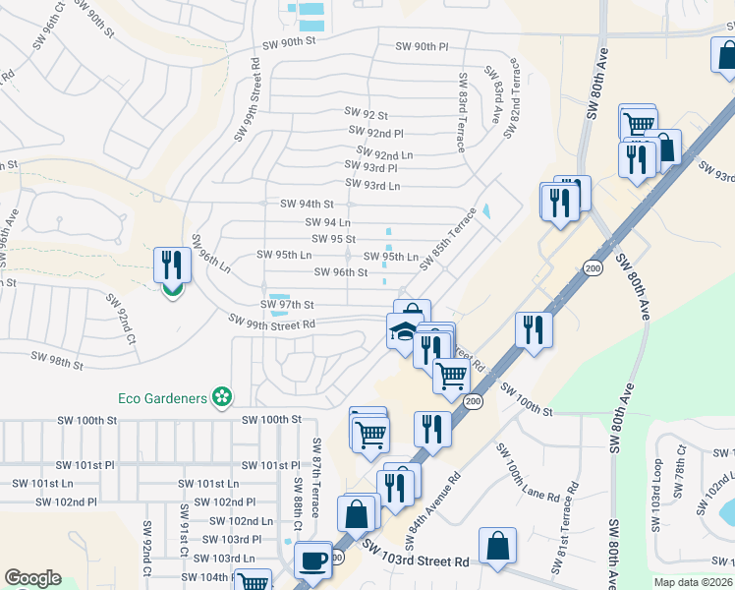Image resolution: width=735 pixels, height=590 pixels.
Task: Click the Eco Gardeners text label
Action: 162,397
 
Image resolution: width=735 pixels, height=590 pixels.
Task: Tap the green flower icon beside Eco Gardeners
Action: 223,397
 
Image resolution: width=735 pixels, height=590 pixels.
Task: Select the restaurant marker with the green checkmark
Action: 172,266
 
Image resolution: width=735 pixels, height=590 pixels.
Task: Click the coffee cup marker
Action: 313,561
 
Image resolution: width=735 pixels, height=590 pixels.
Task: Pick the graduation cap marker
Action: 404,331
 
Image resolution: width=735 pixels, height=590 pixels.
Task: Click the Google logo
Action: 32,578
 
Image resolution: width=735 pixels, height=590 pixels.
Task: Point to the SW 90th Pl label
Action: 422,46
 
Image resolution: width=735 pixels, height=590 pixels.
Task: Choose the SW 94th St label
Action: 308,204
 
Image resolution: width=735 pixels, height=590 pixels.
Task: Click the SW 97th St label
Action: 287,305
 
